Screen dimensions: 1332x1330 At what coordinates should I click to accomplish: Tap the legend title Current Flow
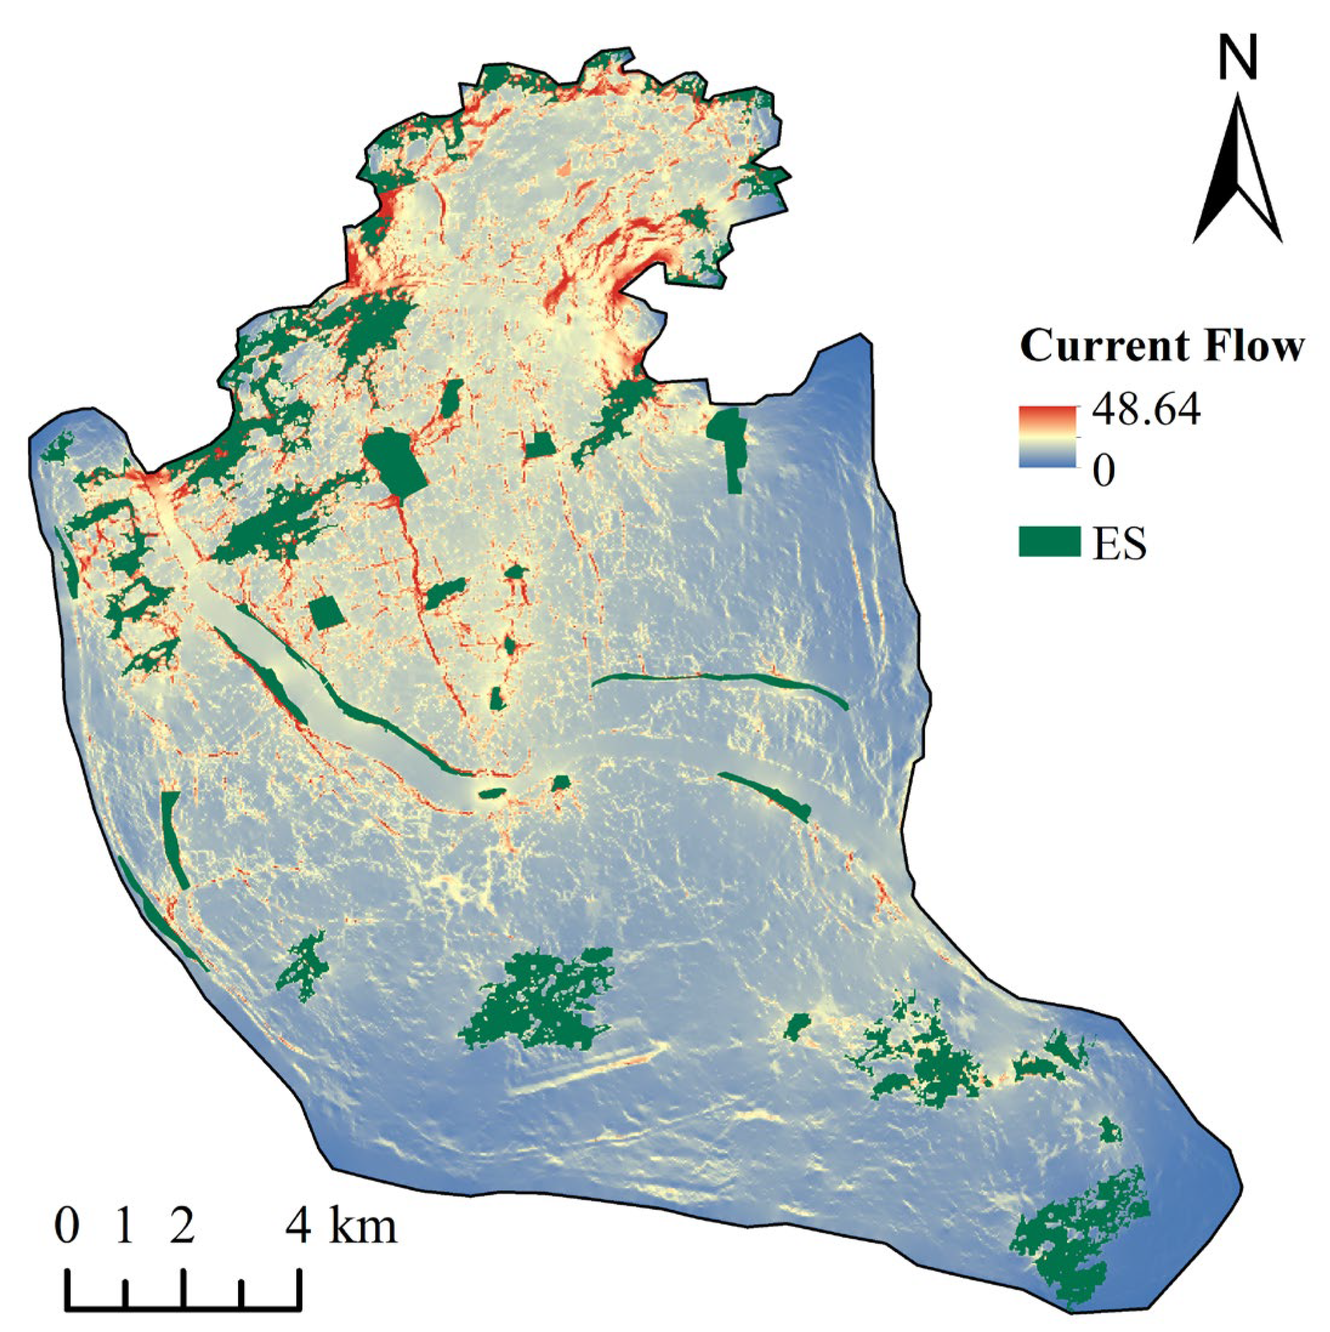[1162, 346]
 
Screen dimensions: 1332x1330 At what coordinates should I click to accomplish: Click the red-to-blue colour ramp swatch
[1047, 437]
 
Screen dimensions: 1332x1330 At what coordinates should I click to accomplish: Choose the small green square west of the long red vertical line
[326, 612]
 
